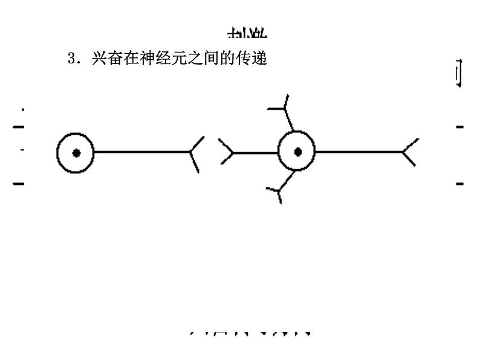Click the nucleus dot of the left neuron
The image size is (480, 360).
(76, 153)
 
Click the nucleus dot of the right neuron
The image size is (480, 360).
(297, 152)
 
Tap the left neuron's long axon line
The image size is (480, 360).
(142, 152)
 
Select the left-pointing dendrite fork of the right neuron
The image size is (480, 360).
(227, 152)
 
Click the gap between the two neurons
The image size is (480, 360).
(211, 152)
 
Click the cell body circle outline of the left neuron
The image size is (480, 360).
(58, 153)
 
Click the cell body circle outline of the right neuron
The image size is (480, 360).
(279, 152)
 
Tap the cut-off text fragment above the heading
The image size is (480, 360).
(247, 33)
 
